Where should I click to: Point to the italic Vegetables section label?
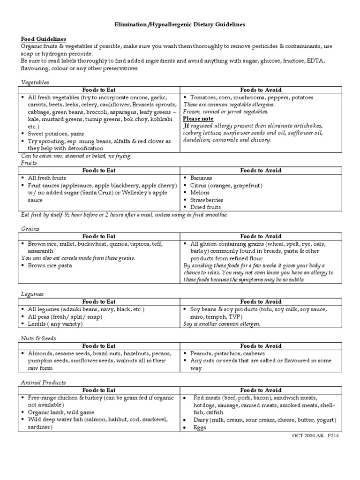(35, 82)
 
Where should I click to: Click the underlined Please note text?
(198, 119)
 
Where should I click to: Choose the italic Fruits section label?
(29, 163)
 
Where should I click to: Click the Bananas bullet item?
(201, 178)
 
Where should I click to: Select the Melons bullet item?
(200, 193)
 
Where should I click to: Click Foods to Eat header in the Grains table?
(99, 236)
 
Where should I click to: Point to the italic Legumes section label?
(32, 294)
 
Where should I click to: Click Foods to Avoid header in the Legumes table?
(261, 302)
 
